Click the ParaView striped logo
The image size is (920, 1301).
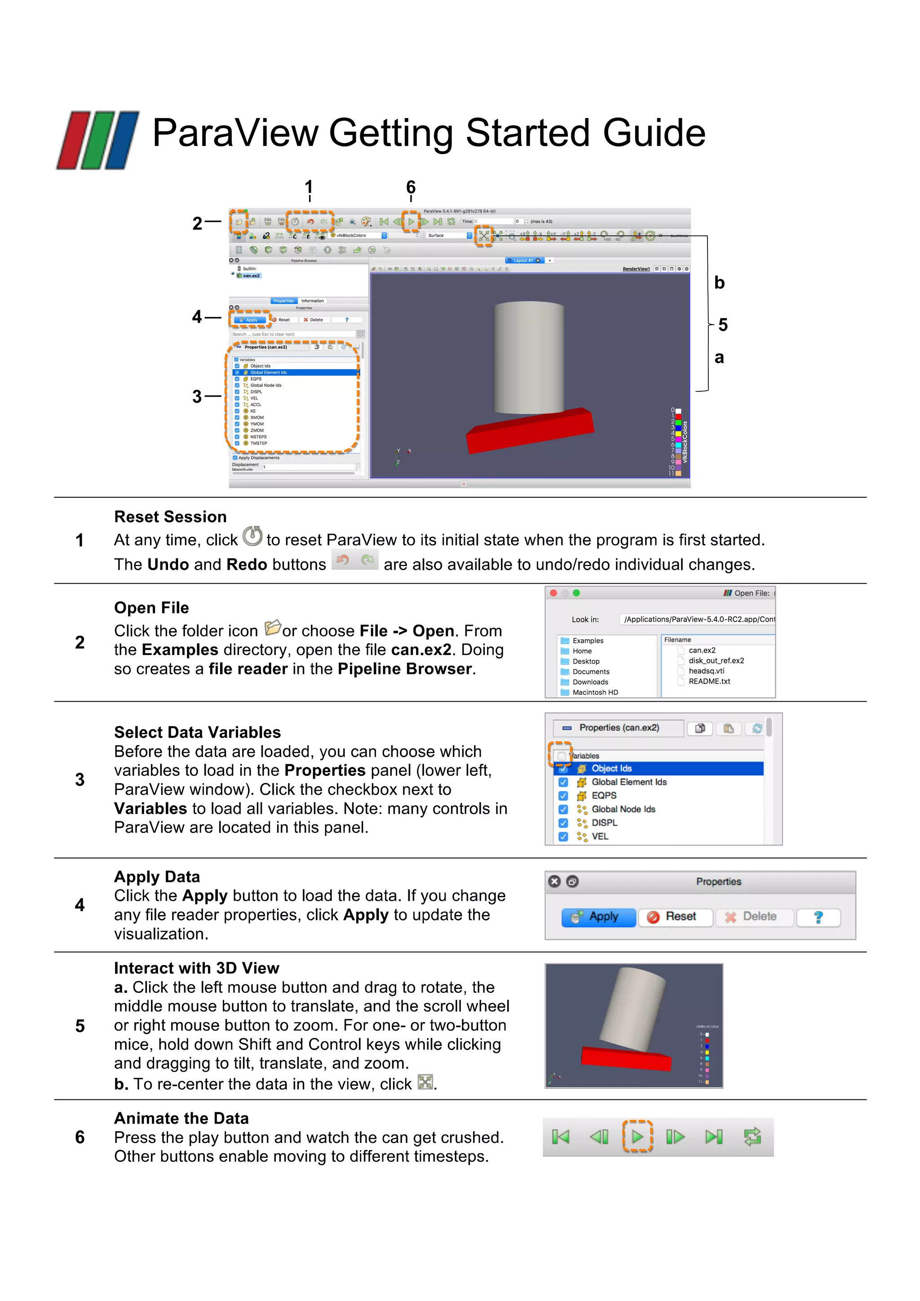click(98, 140)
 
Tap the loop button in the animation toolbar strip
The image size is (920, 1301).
click(752, 1136)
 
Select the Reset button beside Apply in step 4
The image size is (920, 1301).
click(675, 917)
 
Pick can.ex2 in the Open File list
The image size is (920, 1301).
click(702, 650)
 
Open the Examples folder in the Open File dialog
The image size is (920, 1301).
click(588, 641)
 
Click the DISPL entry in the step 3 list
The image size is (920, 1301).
click(605, 823)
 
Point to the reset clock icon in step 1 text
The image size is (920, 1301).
click(252, 536)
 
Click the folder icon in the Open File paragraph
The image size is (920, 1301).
click(273, 627)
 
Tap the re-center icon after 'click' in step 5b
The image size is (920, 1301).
click(425, 1082)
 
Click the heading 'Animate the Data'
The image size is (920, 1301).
click(181, 1119)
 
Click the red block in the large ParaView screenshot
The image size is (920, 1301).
click(529, 431)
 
